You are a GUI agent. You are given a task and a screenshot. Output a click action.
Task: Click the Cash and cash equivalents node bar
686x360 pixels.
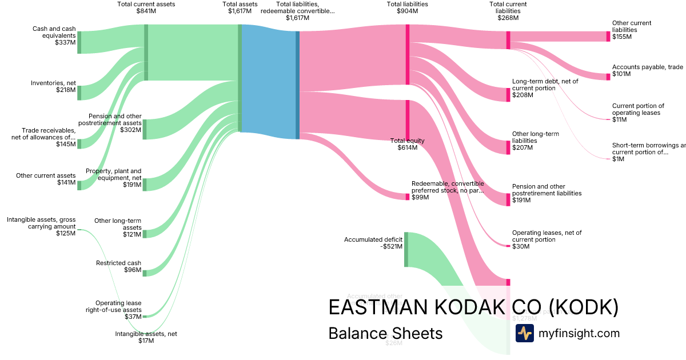click(x=79, y=42)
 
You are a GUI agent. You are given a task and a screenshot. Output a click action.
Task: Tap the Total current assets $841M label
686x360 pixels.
click(x=146, y=7)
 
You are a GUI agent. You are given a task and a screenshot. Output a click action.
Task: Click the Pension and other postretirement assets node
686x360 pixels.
click(x=145, y=129)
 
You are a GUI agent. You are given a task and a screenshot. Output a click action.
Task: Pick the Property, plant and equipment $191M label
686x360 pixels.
click(x=113, y=178)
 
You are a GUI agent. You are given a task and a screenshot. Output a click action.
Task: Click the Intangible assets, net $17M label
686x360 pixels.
click(x=146, y=337)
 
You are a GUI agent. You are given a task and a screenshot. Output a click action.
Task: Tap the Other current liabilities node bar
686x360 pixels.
click(x=608, y=37)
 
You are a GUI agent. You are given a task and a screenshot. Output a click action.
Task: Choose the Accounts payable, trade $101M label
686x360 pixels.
click(x=647, y=70)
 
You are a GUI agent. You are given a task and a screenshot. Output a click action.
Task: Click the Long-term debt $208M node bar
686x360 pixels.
click(x=508, y=94)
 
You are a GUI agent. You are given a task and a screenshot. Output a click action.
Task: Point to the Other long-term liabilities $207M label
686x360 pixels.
click(x=535, y=141)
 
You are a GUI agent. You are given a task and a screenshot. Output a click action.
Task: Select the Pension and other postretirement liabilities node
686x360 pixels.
click(x=508, y=199)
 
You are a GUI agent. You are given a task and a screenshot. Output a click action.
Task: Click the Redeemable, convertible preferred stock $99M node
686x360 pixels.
click(x=408, y=197)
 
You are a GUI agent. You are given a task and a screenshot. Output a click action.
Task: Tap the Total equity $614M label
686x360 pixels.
click(x=407, y=144)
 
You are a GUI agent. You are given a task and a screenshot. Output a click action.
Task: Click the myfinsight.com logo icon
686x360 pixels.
click(x=524, y=333)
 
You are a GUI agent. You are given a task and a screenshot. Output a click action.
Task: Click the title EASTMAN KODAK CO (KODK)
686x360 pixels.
click(x=473, y=307)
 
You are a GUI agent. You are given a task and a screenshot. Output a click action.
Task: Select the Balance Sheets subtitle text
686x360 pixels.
click(x=385, y=334)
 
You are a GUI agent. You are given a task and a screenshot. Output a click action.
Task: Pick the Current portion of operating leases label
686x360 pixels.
click(x=638, y=113)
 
